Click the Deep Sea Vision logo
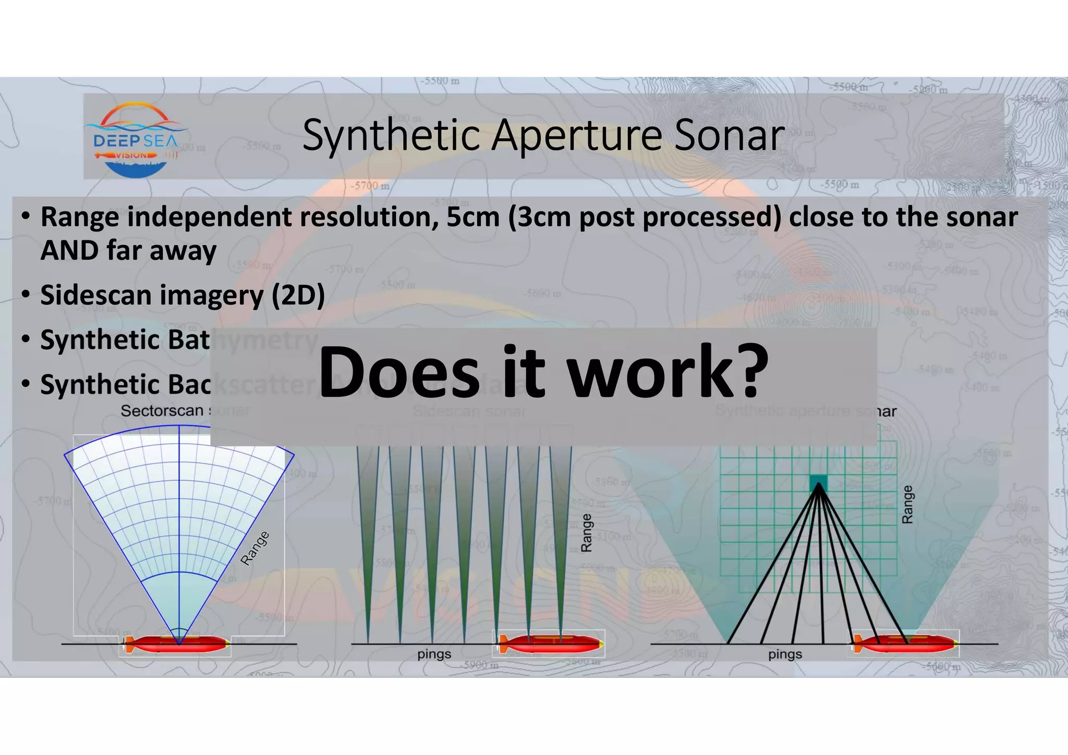pos(136,139)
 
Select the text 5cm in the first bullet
pos(472,217)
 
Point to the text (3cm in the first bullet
pos(540,217)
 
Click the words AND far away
pos(128,250)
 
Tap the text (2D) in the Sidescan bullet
pos(298,295)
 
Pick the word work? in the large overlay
pos(667,372)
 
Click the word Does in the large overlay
pos(398,372)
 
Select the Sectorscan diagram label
pos(163,411)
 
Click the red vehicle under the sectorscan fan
pos(177,644)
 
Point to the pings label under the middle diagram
pos(434,654)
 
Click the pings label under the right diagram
pos(785,654)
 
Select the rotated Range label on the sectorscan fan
pos(255,548)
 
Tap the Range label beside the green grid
pos(907,504)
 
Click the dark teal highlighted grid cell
pos(818,483)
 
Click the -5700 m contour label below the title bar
pos(370,186)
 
